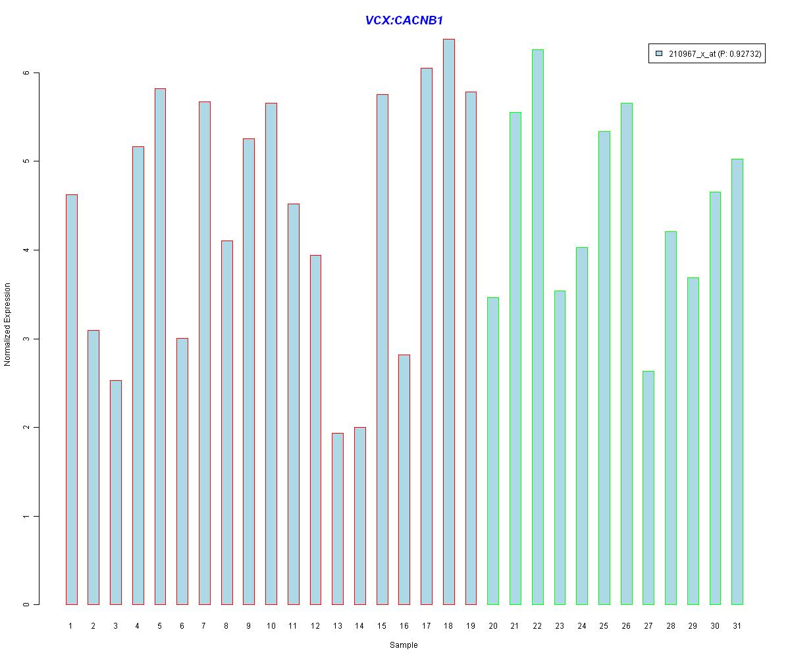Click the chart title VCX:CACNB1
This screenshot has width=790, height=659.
pos(404,20)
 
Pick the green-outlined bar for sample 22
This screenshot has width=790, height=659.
pos(537,327)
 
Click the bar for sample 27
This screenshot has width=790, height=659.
pos(648,488)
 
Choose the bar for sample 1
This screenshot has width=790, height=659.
pos(71,399)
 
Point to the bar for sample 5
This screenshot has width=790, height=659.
pos(160,346)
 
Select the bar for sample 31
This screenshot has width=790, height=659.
pos(737,382)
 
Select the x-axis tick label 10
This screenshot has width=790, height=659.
pos(271,626)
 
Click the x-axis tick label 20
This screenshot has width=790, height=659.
pos(493,626)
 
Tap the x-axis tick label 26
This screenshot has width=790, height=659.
pos(626,626)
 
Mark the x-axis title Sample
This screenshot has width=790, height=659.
pos(404,645)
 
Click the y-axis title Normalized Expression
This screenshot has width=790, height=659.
pos(8,324)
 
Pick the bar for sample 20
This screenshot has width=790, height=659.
pos(493,451)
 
